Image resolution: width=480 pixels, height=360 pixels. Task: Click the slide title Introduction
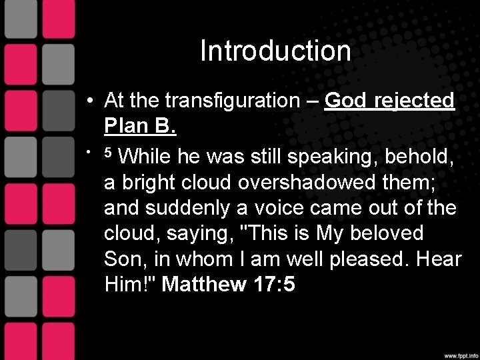[275, 52]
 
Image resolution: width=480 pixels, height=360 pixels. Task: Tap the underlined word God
[344, 101]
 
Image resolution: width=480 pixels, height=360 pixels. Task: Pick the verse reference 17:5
[274, 285]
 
